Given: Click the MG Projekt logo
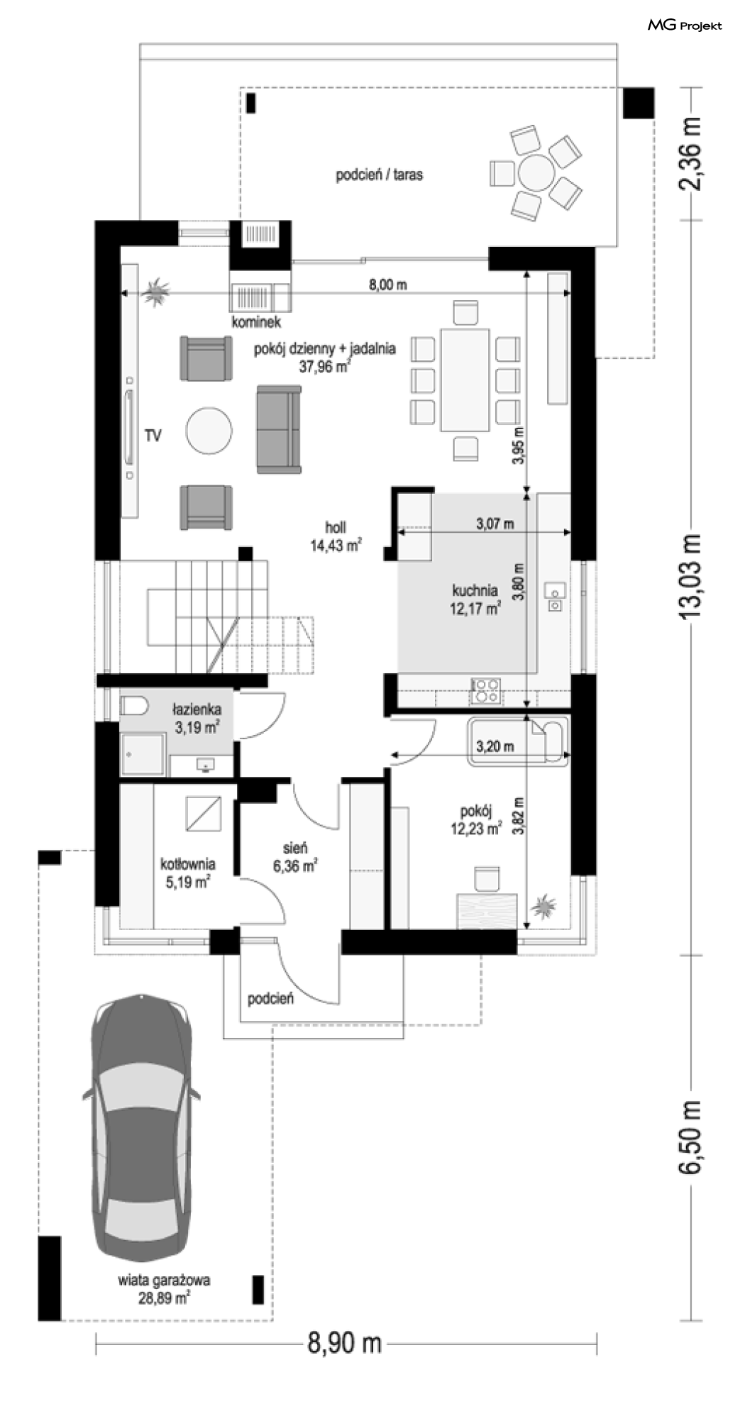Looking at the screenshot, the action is (x=685, y=26).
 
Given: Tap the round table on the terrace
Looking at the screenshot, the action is (x=537, y=172).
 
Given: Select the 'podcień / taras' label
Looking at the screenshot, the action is (x=380, y=175).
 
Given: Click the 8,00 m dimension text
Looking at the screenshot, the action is (x=388, y=285).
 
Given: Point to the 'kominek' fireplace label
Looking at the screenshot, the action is (x=256, y=322).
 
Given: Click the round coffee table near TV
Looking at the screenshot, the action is (x=209, y=430).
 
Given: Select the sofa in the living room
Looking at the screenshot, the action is (x=279, y=429).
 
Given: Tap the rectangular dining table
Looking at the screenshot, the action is (x=465, y=380).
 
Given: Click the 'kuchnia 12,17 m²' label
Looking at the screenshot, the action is (x=475, y=599).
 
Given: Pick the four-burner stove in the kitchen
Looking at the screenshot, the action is (x=486, y=690).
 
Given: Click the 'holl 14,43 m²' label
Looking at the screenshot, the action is (x=336, y=536).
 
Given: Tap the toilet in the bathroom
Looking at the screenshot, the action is (x=133, y=706).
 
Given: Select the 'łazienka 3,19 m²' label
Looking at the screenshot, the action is (x=197, y=717).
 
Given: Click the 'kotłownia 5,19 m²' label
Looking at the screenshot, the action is (x=187, y=873).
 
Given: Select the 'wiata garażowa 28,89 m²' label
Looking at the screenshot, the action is (x=164, y=1290).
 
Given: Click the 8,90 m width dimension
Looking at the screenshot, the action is (x=345, y=1343).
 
